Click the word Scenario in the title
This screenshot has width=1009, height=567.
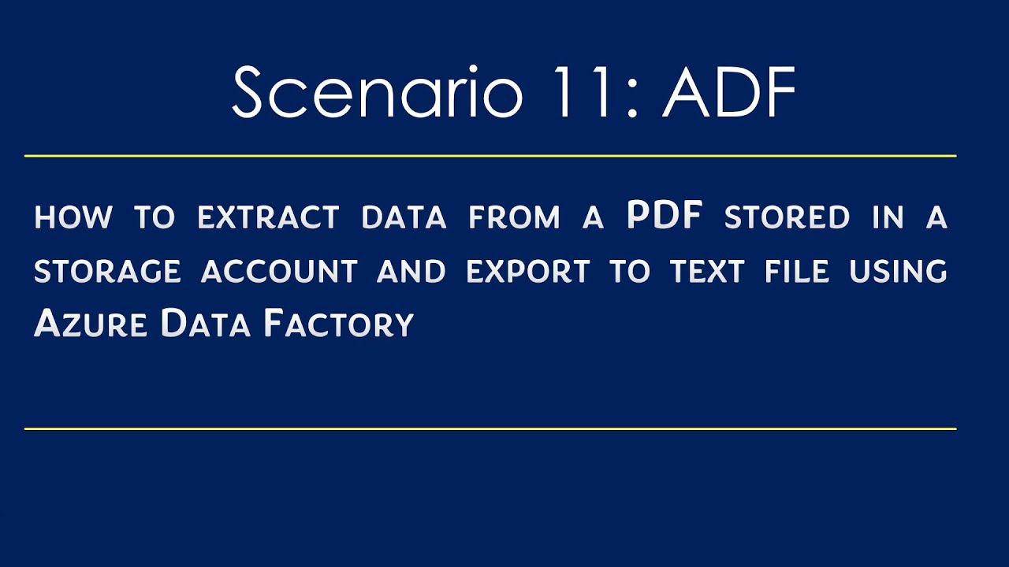pos(377,93)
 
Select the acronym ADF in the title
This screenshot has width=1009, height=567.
pos(729,93)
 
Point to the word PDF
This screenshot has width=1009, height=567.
pos(665,217)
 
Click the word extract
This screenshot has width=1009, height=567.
pos(268,218)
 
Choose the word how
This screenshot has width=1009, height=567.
pos(73,218)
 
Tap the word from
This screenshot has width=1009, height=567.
pos(514,218)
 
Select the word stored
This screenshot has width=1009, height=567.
pos(787,218)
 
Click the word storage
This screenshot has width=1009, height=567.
pos(107,272)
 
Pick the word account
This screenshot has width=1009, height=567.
pos(279,272)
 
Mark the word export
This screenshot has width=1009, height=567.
pos(527,272)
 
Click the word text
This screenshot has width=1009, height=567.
pos(707,272)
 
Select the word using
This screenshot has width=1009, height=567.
pos(897,272)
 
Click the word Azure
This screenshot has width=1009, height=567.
pos(90,324)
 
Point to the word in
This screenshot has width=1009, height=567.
pos(887,218)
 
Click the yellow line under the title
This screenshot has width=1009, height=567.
pos(490,156)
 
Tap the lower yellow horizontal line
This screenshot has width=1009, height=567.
pos(490,429)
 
